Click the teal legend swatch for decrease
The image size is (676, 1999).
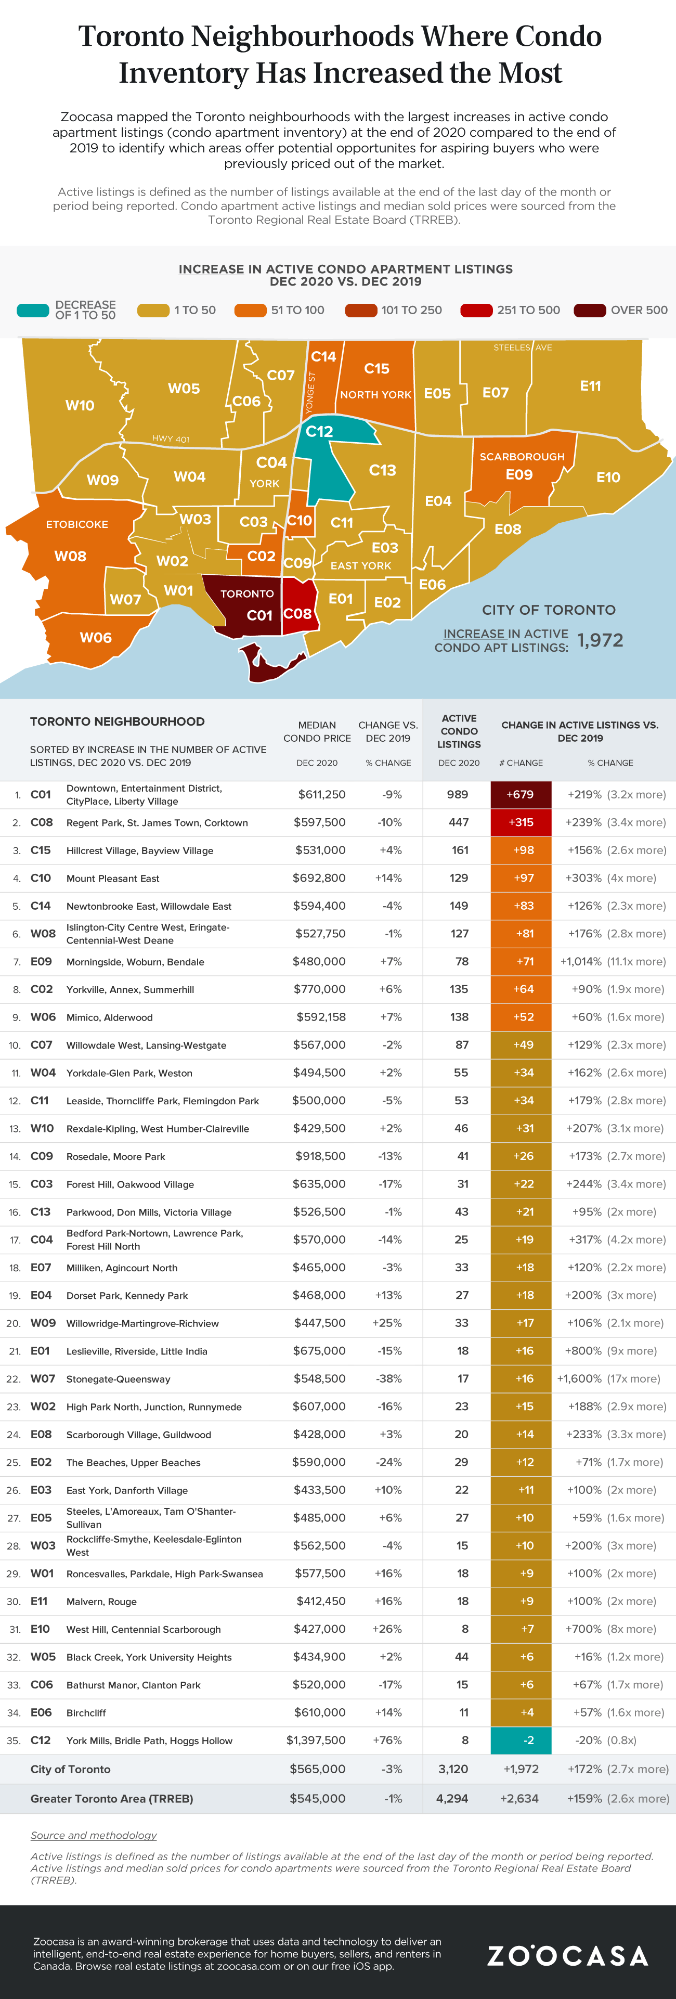click(33, 311)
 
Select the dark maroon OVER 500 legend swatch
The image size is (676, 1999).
click(589, 311)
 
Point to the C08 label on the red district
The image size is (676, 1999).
click(297, 614)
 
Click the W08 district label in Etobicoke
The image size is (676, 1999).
click(70, 557)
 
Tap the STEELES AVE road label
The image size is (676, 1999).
click(522, 347)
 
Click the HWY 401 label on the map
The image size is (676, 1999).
click(170, 439)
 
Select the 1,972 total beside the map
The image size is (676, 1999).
click(600, 640)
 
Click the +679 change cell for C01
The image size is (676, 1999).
click(520, 795)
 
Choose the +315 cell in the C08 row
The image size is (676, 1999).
click(520, 822)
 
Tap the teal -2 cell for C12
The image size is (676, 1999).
click(520, 1740)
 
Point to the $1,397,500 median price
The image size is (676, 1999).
click(316, 1740)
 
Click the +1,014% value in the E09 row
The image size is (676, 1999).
click(580, 961)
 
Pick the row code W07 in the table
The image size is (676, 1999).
click(42, 1379)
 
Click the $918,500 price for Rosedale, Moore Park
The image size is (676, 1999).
click(320, 1156)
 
